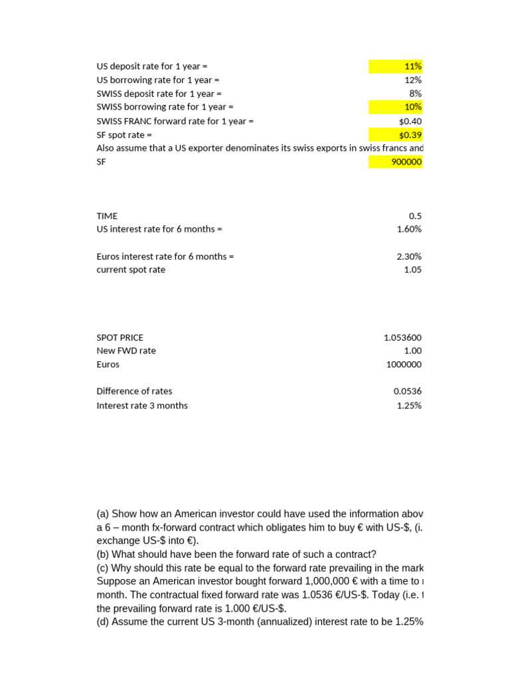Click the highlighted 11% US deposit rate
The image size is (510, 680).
(x=412, y=66)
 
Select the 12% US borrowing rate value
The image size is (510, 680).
(x=413, y=80)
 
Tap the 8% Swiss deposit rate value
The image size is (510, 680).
(x=415, y=94)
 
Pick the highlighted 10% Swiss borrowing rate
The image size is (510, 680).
(x=412, y=107)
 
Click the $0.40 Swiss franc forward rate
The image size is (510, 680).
(x=410, y=121)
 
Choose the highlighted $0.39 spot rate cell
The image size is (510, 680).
(x=410, y=135)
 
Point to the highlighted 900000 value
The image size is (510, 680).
(x=406, y=162)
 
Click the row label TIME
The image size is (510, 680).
(x=107, y=216)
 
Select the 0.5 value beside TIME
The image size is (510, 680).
(x=415, y=216)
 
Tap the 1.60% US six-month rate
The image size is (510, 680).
(x=409, y=229)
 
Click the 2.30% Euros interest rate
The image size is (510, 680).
(x=409, y=256)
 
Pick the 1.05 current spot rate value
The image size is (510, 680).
(x=412, y=270)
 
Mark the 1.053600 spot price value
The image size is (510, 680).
(x=402, y=337)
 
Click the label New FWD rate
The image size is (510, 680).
(x=126, y=351)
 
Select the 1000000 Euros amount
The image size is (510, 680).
(x=404, y=365)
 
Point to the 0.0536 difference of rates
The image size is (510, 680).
(x=407, y=391)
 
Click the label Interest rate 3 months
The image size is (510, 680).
(x=142, y=405)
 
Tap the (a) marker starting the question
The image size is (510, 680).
(x=102, y=514)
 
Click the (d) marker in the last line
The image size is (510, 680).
(x=102, y=622)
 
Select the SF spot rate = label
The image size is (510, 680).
(x=124, y=135)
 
